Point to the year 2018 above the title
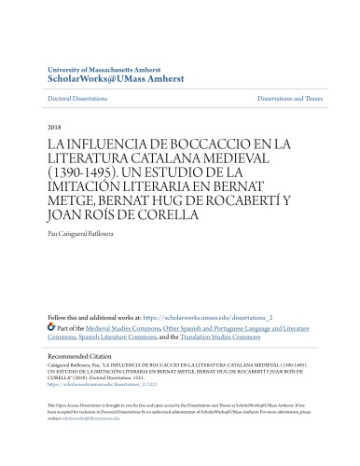[x=54, y=126]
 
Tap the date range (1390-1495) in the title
[x=71, y=173]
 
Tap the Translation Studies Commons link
[x=246, y=338]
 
